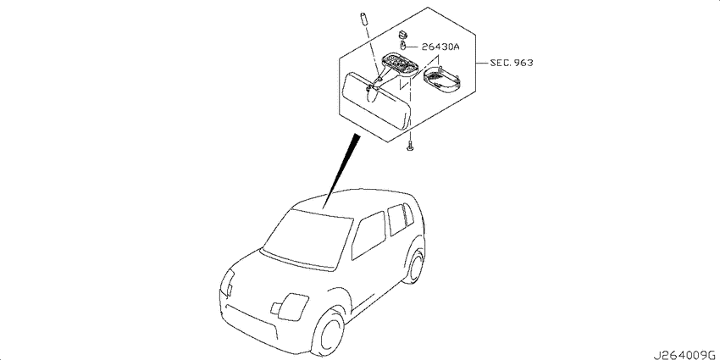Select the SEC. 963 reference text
coord(511,63)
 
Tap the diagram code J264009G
coord(685,354)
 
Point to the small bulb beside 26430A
coord(402,46)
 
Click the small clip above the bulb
coord(403,34)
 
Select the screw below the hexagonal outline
coord(410,146)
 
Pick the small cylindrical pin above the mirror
coord(363,19)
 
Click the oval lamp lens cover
coord(441,80)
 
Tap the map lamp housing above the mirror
coord(401,64)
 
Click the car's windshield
coord(307,239)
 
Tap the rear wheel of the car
coord(415,268)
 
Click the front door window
coord(368,235)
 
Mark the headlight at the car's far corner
coord(228,282)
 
